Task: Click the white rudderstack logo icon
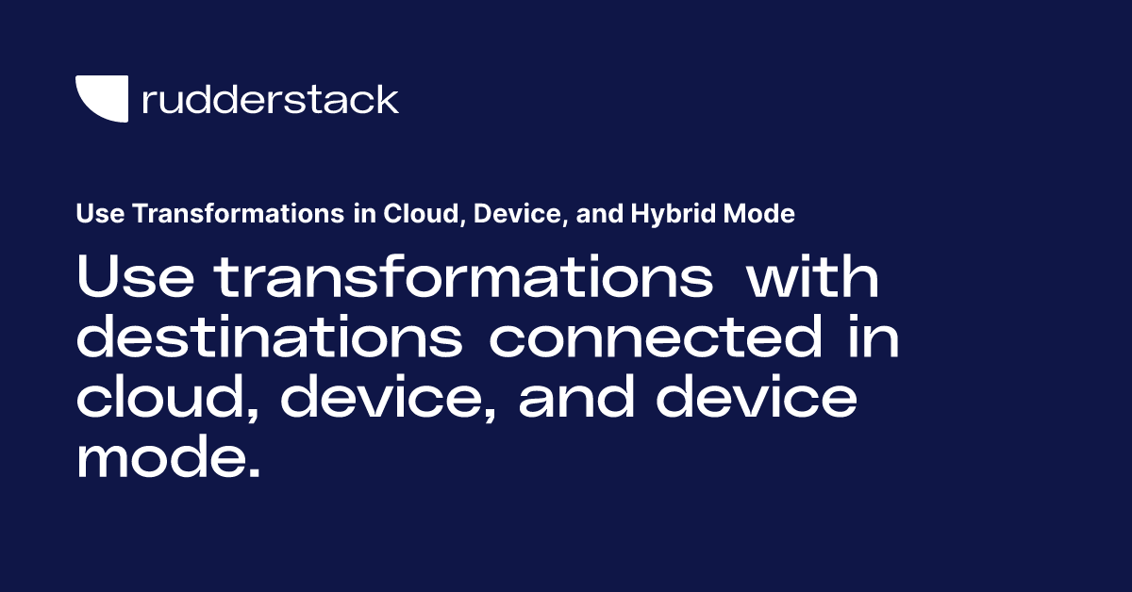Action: point(101,99)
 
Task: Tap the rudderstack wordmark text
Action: point(270,99)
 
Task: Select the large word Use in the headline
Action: point(135,279)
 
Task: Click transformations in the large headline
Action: point(462,279)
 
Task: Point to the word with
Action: point(812,279)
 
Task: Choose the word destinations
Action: point(269,339)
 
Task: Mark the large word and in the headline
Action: point(577,400)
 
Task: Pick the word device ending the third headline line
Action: point(757,400)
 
